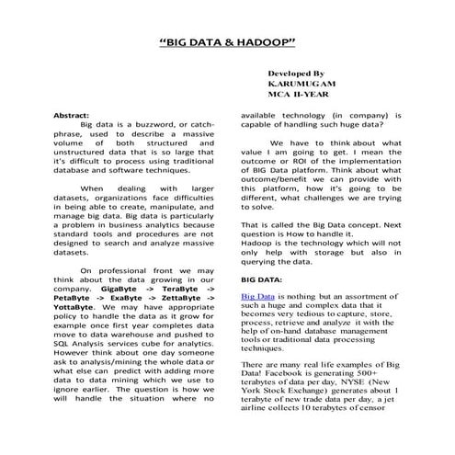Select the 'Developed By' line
295,72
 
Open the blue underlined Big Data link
258,298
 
